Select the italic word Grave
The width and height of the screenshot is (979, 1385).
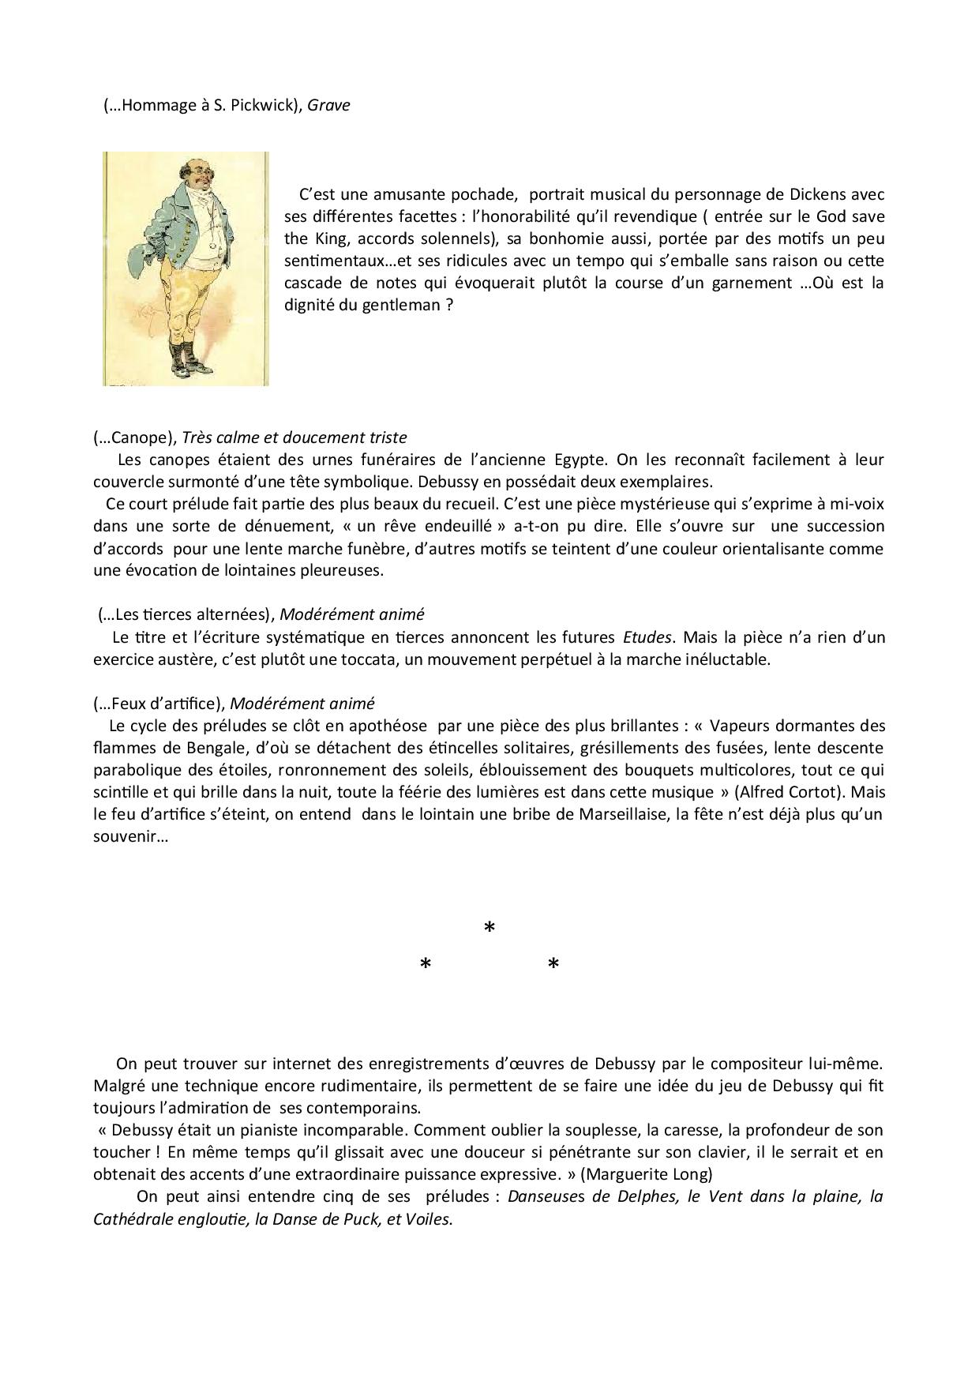pos(328,105)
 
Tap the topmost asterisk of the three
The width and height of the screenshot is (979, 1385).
pos(489,929)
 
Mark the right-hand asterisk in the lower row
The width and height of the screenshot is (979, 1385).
pos(553,964)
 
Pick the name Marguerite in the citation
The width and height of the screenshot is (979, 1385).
pos(626,1174)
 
